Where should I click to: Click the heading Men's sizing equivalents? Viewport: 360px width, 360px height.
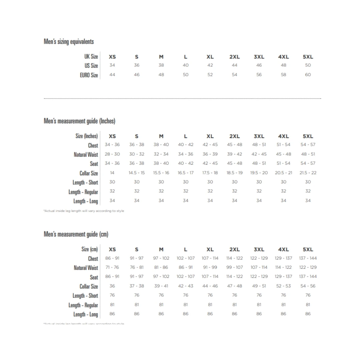69,42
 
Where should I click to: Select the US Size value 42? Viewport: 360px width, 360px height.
210,65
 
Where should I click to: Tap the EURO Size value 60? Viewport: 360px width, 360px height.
308,75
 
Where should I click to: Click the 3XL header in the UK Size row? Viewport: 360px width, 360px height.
259,57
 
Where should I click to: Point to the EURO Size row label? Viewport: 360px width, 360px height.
89,75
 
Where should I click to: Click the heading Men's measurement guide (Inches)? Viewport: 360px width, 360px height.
79,121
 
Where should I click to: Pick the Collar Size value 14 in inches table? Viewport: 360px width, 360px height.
112,173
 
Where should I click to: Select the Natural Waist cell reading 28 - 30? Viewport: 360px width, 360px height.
112,154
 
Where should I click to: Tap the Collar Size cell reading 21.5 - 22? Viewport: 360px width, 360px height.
308,173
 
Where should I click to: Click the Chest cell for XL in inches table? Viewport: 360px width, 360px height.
210,145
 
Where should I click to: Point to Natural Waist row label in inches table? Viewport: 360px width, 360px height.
86,155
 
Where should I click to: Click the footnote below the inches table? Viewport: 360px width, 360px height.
84,211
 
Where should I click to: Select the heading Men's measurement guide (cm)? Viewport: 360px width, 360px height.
76,234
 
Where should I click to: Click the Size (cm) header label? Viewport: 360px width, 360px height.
90,249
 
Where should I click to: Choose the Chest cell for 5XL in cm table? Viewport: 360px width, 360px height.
308,258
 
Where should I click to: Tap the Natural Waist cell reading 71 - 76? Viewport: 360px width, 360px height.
112,267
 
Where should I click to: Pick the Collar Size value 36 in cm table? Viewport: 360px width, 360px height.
112,286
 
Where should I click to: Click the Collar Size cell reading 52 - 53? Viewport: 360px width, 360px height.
283,286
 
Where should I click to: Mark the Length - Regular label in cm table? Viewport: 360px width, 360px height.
83,305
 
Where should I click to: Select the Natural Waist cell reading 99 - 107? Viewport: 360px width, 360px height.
235,267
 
